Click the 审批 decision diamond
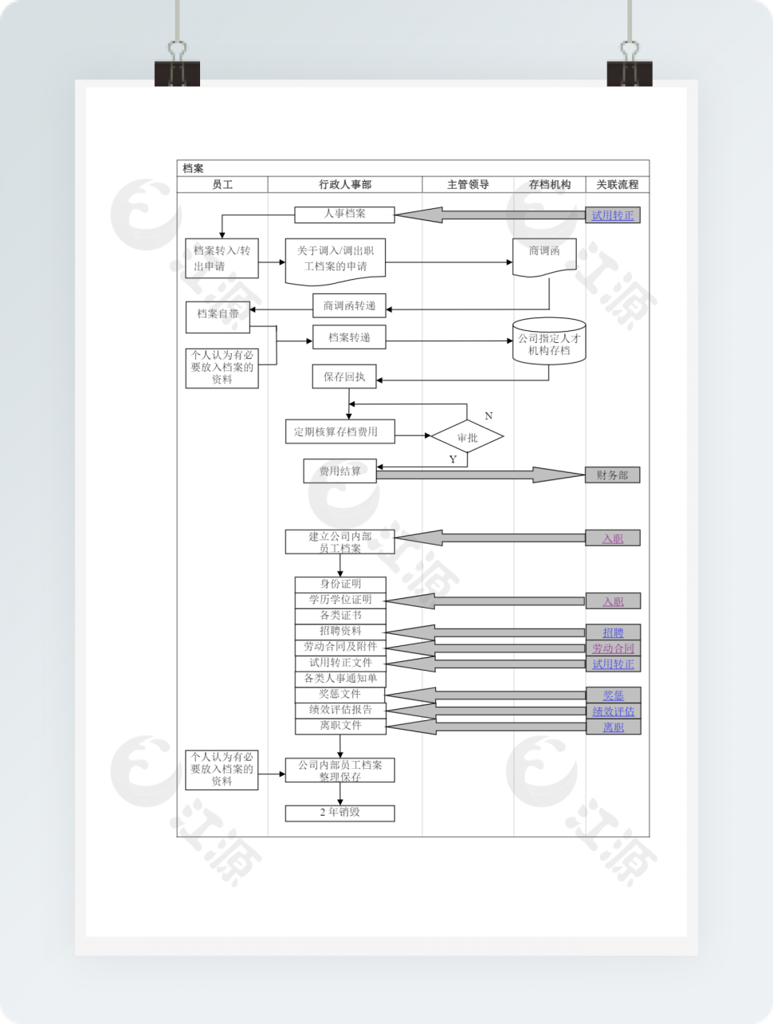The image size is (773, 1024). tap(467, 437)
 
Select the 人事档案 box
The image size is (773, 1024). tap(344, 215)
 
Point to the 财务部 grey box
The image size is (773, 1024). tap(612, 475)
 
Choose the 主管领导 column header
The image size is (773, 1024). tap(468, 184)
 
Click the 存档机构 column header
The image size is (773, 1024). tap(550, 184)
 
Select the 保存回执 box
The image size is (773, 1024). tap(344, 376)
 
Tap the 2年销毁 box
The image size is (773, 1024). tap(340, 813)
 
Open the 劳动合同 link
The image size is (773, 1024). tap(613, 648)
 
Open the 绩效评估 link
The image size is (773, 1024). tap(613, 711)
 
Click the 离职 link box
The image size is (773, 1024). tap(613, 727)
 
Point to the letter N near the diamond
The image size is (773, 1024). tap(489, 416)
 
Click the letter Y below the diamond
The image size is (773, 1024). tap(453, 459)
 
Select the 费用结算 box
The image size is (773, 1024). tap(339, 471)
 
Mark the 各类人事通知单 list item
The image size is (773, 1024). tap(340, 679)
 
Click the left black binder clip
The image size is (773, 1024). tap(177, 72)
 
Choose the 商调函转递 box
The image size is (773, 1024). tap(349, 305)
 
